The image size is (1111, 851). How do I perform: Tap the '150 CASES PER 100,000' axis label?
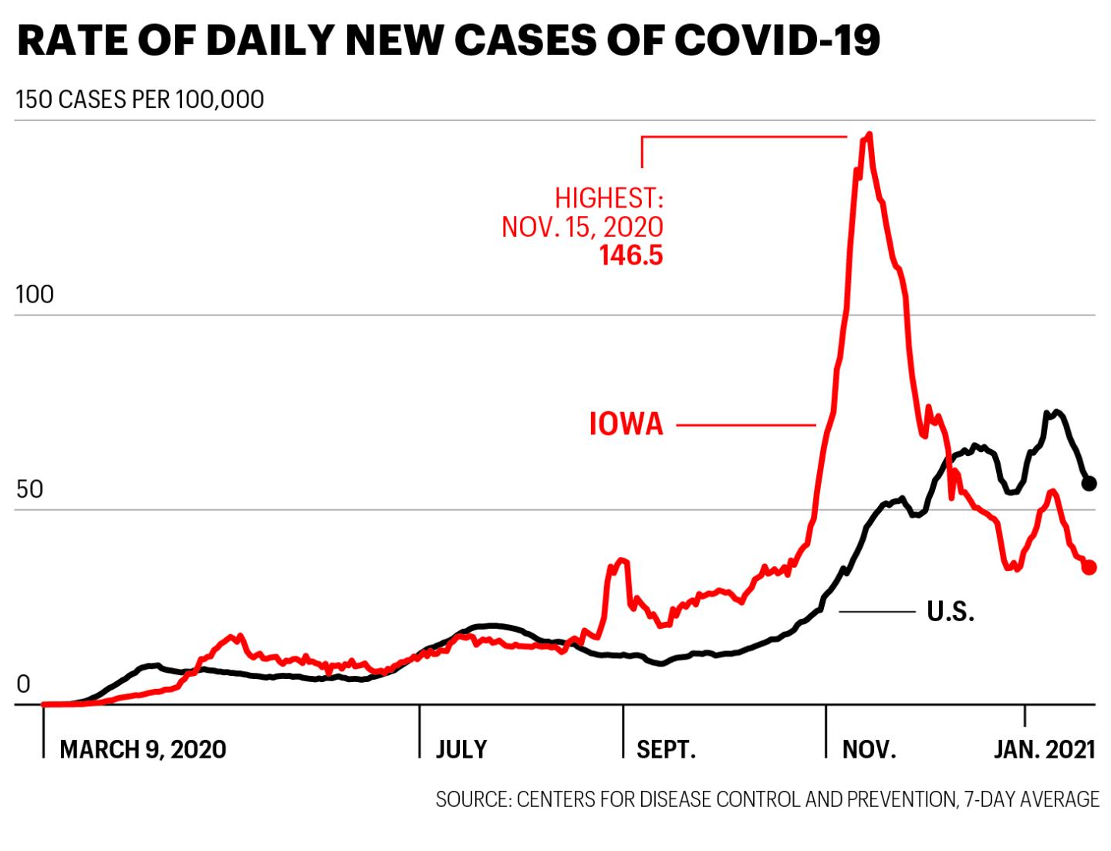pyautogui.click(x=140, y=100)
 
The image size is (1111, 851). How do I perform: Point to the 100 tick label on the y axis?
pyautogui.click(x=35, y=295)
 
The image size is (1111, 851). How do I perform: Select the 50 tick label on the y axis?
pyautogui.click(x=29, y=490)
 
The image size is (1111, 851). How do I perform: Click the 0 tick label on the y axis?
pyautogui.click(x=23, y=684)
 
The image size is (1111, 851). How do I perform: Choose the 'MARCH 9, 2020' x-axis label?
pyautogui.click(x=143, y=750)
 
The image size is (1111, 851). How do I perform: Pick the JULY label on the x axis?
pyautogui.click(x=461, y=750)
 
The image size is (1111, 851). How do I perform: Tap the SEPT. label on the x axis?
pyautogui.click(x=666, y=750)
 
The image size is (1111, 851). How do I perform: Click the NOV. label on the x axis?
pyautogui.click(x=870, y=750)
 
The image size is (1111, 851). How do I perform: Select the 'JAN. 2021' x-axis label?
pyautogui.click(x=1045, y=750)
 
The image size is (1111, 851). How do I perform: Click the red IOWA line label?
pyautogui.click(x=626, y=424)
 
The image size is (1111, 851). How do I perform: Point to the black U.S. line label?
pyautogui.click(x=951, y=611)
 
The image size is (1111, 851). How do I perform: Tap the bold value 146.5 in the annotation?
pyautogui.click(x=631, y=255)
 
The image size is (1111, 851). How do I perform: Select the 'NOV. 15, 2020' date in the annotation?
pyautogui.click(x=583, y=227)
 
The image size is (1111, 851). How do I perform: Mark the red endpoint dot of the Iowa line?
pyautogui.click(x=1089, y=567)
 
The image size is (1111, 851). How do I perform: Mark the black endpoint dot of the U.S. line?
pyautogui.click(x=1089, y=484)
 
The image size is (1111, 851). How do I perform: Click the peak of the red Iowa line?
pyautogui.click(x=870, y=134)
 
